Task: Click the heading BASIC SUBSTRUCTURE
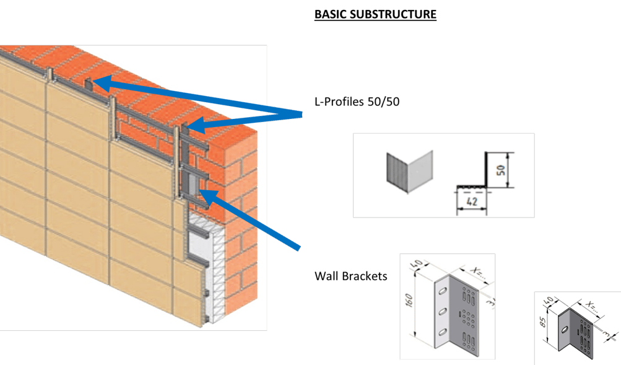click(x=375, y=14)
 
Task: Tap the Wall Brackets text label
click(x=351, y=276)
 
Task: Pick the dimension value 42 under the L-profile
click(x=472, y=201)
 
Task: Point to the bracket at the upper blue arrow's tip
click(x=90, y=82)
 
